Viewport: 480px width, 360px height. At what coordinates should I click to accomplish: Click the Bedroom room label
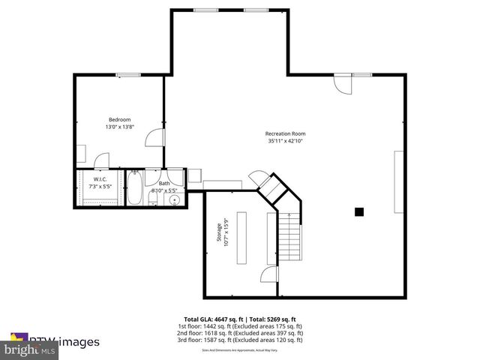[119, 120]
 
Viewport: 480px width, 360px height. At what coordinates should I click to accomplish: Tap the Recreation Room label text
[286, 134]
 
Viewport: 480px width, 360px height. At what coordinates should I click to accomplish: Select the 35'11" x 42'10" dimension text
[286, 141]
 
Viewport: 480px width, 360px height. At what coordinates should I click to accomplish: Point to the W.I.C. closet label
[99, 179]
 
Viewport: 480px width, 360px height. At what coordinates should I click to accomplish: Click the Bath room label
[163, 184]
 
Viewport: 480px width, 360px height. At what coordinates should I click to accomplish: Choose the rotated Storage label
[220, 232]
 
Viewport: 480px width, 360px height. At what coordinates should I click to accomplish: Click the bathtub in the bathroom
[134, 189]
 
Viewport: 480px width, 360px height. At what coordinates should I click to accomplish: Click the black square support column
[359, 212]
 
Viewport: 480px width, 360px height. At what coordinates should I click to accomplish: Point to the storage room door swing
[268, 276]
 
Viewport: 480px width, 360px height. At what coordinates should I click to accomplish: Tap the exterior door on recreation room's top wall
[342, 84]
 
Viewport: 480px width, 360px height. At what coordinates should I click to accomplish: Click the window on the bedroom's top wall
[127, 74]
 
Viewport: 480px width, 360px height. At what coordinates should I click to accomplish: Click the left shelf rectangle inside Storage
[241, 237]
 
